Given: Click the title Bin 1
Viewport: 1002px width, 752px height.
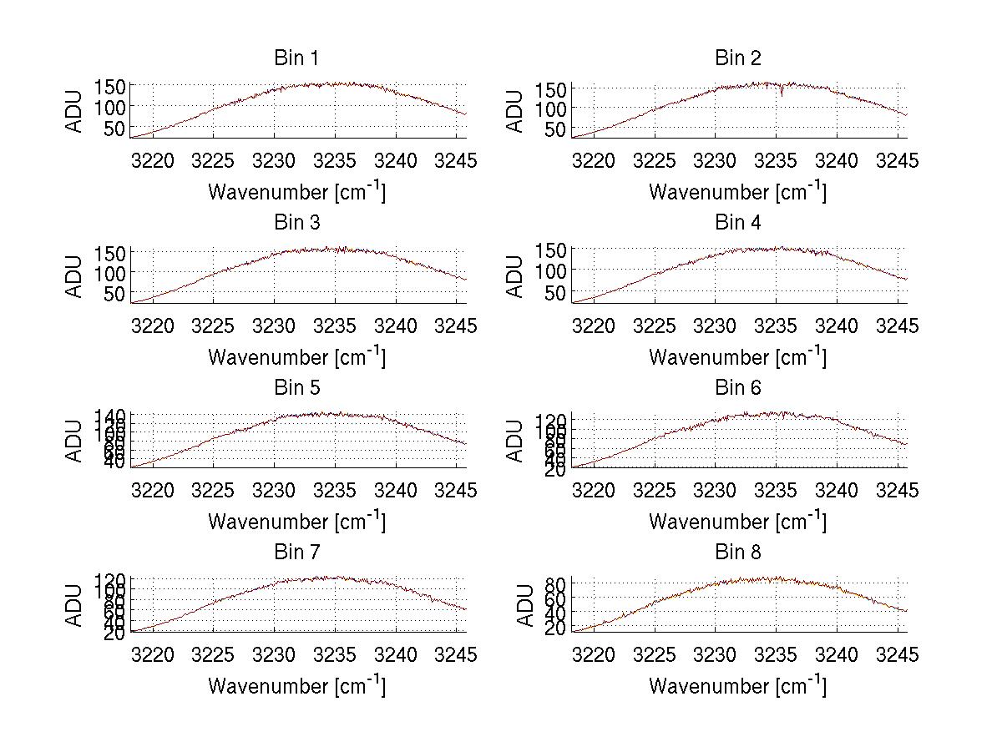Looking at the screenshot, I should [x=296, y=58].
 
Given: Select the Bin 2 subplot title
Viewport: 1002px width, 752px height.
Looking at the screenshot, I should [x=738, y=58].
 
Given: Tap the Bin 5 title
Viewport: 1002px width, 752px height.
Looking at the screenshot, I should [x=296, y=388].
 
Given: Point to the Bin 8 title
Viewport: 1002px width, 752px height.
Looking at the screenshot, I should [x=738, y=553].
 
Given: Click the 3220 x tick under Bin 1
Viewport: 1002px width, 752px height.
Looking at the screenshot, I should [x=154, y=160].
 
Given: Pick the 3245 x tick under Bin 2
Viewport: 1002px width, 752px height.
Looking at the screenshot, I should [x=897, y=160].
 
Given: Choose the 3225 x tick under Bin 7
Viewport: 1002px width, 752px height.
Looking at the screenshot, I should [x=214, y=655].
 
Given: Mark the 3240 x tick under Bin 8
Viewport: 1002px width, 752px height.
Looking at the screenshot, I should [x=837, y=655].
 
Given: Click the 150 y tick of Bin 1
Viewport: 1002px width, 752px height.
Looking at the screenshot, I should [x=109, y=87].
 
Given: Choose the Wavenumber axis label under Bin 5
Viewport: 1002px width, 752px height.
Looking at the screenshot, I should [x=296, y=522].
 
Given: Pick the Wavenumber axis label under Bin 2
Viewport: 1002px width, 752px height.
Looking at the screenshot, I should [x=738, y=192].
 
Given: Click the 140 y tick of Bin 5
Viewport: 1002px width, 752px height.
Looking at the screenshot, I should [x=109, y=416].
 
